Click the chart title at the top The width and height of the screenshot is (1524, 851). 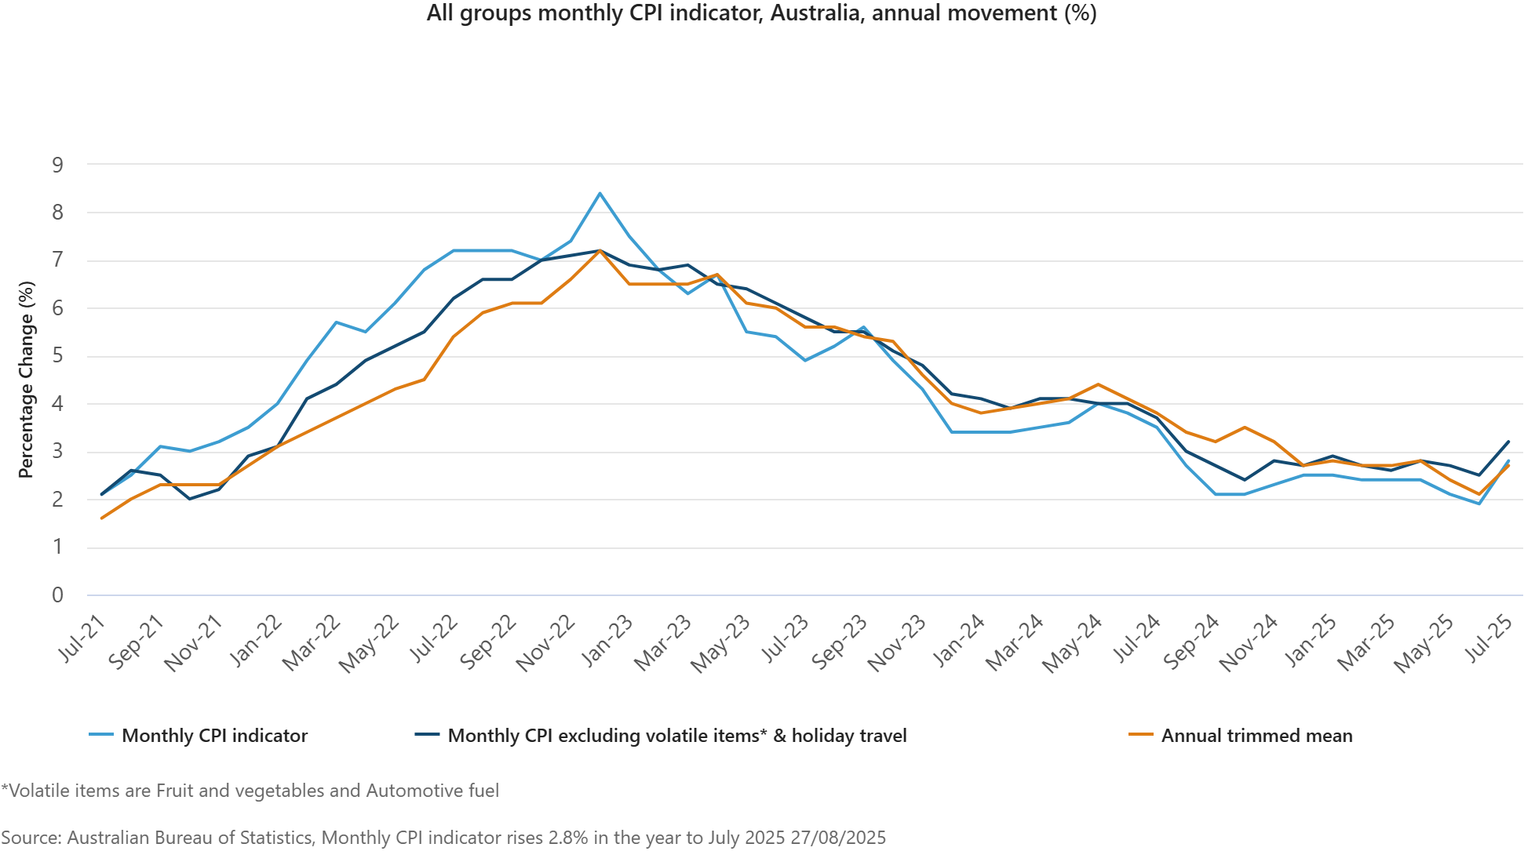click(x=761, y=13)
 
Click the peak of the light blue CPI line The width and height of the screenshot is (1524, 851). click(x=600, y=194)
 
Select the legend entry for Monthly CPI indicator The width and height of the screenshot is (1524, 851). click(x=214, y=736)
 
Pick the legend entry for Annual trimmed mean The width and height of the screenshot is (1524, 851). click(x=1256, y=736)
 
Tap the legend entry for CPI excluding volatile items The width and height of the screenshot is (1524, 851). click(x=676, y=736)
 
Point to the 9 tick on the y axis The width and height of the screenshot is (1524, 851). click(x=57, y=165)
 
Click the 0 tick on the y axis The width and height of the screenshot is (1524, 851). click(x=57, y=595)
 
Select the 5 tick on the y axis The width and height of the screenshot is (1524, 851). click(x=57, y=356)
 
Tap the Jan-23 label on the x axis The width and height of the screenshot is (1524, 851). click(x=609, y=640)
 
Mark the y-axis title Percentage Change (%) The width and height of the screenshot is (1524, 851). click(x=27, y=380)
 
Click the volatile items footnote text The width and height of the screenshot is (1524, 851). click(x=250, y=791)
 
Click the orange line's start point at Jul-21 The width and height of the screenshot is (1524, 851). click(x=102, y=518)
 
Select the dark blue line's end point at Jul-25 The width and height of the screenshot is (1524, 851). click(x=1508, y=442)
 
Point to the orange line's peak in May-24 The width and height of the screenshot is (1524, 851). click(x=1098, y=384)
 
